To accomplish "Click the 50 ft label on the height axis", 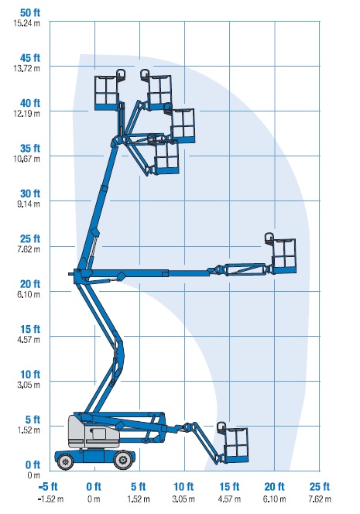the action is tap(30, 13).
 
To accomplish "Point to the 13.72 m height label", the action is tap(26, 68).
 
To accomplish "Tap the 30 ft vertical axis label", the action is tap(30, 194).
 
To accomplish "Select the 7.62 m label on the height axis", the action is tap(29, 249).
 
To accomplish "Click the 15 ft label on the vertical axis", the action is tap(30, 329).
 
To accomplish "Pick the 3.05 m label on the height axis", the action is tap(29, 385).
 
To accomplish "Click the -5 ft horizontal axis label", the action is tap(48, 486).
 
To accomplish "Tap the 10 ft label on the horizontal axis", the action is tap(183, 486).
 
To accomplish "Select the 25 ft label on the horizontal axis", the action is tap(319, 486).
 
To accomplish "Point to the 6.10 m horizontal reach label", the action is tap(274, 499).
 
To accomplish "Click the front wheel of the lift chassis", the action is tap(123, 461).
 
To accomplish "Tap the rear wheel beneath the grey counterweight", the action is tap(66, 461).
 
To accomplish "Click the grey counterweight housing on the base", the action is tap(93, 433).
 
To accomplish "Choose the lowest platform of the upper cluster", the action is tap(166, 157).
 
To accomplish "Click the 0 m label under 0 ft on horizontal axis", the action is tap(94, 499).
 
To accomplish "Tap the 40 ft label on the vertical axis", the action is tap(30, 103).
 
